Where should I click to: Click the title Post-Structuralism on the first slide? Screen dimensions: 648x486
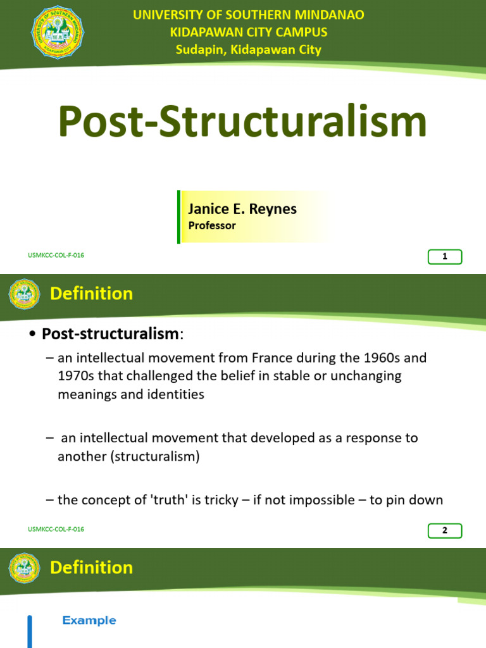point(242,121)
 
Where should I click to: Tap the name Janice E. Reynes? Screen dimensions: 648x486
point(242,209)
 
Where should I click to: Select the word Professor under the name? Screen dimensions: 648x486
point(212,226)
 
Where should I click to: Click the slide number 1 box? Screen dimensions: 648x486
point(445,257)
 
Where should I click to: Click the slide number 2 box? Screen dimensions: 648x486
point(445,530)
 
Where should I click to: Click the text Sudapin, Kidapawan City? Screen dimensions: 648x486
point(248,49)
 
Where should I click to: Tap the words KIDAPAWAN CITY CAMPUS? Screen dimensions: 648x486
point(248,32)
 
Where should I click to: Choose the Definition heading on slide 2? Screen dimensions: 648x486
point(91,294)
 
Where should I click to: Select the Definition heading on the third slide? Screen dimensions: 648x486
point(91,568)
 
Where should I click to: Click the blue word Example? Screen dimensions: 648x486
point(89,621)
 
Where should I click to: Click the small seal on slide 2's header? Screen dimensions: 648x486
point(24,294)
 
